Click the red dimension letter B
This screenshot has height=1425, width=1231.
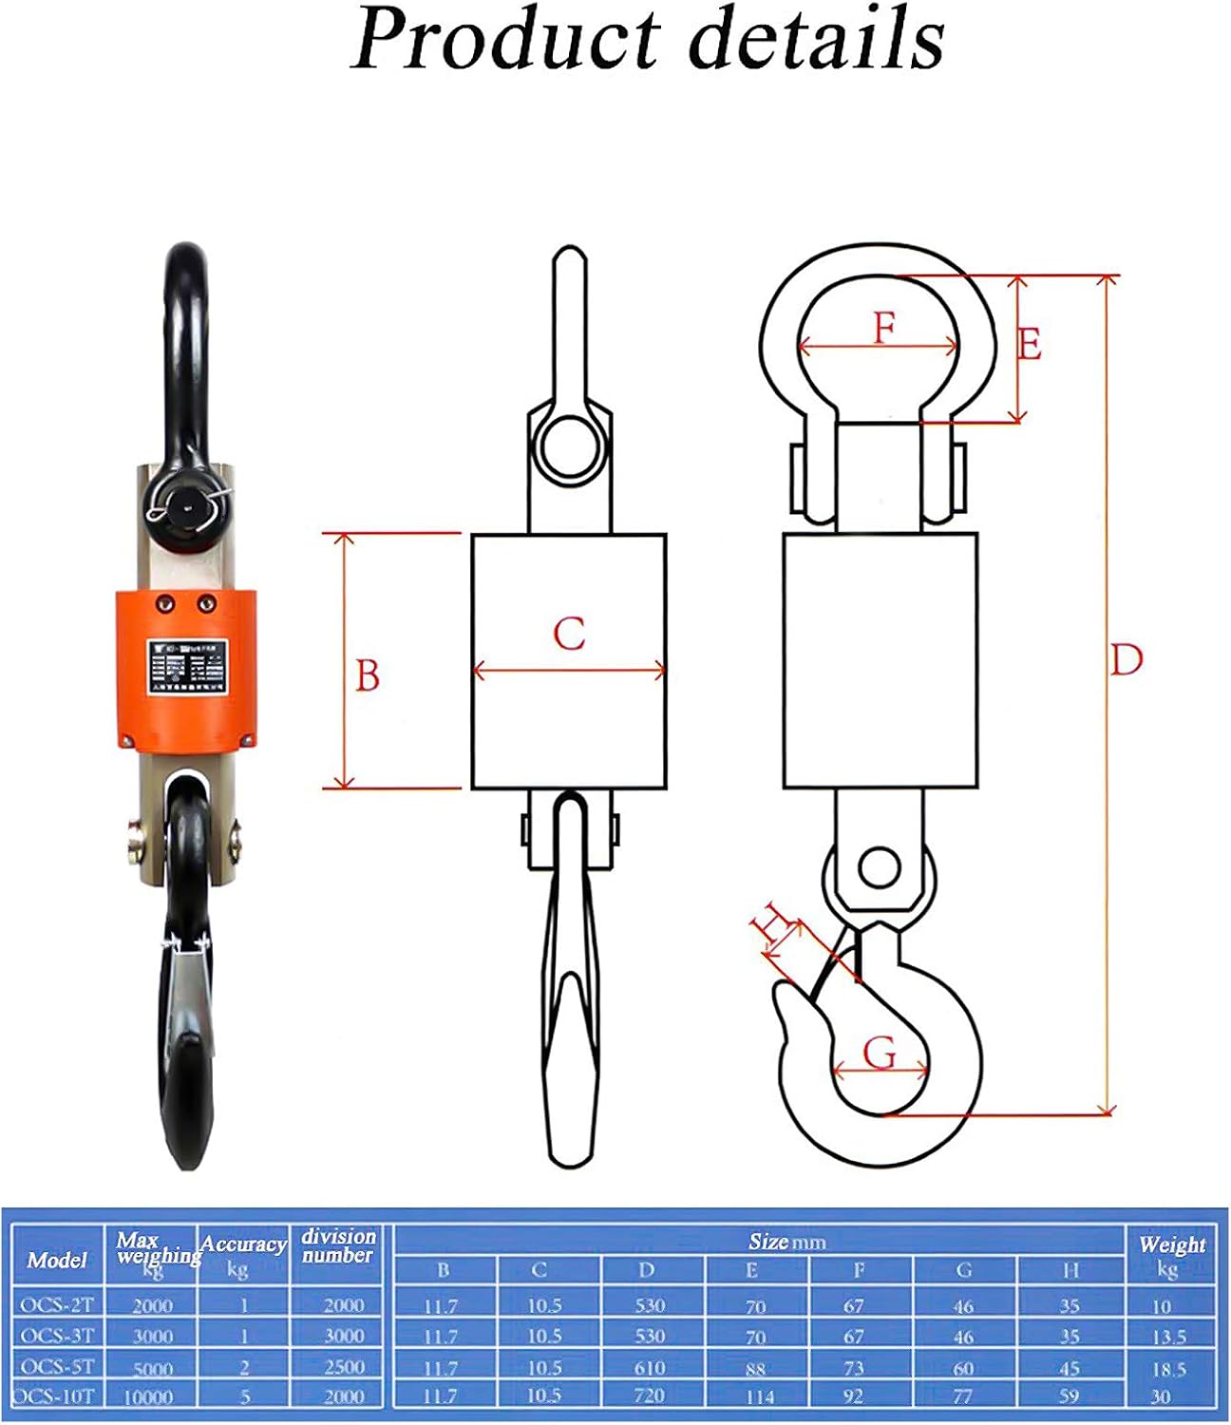click(x=367, y=675)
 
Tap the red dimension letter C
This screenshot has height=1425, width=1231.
click(x=569, y=634)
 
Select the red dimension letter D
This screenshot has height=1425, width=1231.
click(x=1126, y=659)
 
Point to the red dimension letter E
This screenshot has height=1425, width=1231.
click(x=1031, y=344)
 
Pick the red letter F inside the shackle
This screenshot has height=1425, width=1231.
click(x=884, y=328)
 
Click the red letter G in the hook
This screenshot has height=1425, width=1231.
click(x=880, y=1053)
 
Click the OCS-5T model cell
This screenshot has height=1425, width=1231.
click(x=57, y=1366)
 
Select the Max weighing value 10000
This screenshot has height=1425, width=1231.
click(x=150, y=1396)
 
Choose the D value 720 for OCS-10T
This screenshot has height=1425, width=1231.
click(x=649, y=1396)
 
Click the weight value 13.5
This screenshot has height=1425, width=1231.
click(x=1168, y=1337)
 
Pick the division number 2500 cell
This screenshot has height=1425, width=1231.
click(x=343, y=1366)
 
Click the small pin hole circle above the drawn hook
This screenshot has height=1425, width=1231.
click(x=879, y=865)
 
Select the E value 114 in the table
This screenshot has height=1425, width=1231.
click(x=759, y=1396)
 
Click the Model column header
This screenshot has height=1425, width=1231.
click(x=57, y=1260)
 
